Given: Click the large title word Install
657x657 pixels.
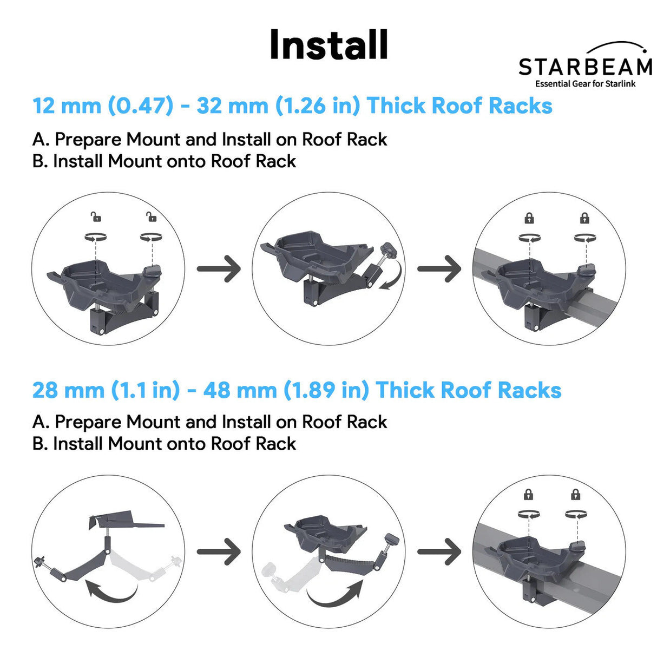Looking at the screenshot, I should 328,44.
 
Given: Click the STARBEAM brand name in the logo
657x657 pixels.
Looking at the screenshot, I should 585,67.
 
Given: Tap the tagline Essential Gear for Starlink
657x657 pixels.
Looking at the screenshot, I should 585,84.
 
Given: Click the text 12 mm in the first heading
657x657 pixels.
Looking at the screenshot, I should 67,106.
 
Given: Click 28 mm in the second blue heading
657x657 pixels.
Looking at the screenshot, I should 68,390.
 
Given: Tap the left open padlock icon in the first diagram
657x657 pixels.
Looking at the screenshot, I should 96,218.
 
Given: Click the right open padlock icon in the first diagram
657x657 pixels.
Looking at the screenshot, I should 152,218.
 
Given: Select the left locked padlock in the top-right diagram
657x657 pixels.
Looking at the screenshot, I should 529,218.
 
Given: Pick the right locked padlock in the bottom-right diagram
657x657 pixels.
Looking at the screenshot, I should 576,494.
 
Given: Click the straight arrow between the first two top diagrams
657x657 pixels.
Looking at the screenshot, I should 219,268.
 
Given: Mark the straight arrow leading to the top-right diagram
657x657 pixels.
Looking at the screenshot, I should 439,268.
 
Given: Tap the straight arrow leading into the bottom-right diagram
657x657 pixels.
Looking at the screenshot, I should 439,551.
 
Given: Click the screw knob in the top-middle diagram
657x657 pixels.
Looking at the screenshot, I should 388,251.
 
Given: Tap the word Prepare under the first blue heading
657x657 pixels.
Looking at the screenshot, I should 88,140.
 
